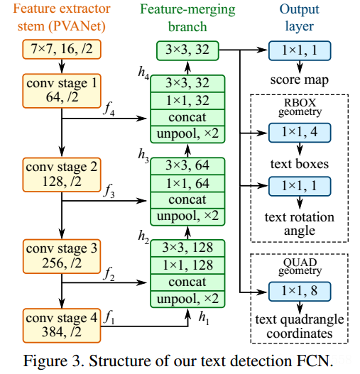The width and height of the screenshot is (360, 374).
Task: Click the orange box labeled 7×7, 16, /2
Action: point(62,50)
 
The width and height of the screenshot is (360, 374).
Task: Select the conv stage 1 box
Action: point(62,91)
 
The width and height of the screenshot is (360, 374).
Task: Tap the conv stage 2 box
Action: point(62,175)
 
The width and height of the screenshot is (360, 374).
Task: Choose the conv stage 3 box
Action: point(62,256)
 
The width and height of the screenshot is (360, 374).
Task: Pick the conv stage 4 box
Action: point(62,326)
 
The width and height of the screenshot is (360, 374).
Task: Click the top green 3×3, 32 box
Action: point(187,50)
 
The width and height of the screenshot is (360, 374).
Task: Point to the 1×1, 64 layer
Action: point(187,183)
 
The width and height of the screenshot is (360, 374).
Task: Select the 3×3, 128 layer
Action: point(187,248)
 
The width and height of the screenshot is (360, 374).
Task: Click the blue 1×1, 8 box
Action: point(300,292)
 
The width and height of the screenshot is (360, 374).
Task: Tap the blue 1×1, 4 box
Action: point(300,133)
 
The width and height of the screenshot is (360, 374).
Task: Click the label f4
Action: point(109,109)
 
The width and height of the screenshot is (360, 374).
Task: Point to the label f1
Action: point(109,317)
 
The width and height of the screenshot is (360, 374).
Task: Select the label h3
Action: point(143,155)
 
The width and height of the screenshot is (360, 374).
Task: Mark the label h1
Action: point(204,318)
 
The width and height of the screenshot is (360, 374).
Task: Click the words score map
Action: point(300,80)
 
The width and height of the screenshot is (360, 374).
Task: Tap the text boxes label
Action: point(300,164)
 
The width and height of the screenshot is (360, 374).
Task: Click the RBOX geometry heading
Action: point(300,107)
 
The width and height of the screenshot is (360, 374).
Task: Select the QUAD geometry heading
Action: point(300,266)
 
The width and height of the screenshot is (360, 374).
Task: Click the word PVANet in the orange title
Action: point(77,26)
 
